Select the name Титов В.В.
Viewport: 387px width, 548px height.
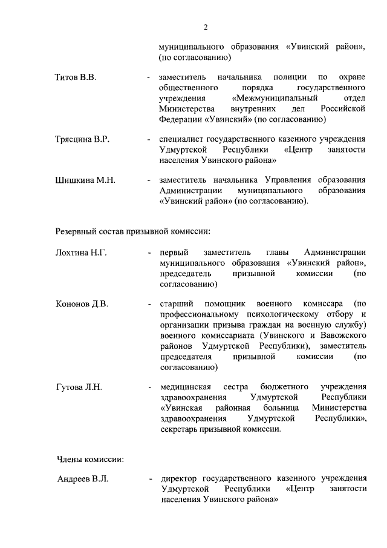(76, 78)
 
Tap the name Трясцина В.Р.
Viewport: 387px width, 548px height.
(82, 140)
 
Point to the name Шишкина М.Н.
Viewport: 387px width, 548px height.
(85, 180)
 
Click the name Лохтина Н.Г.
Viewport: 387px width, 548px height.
(81, 253)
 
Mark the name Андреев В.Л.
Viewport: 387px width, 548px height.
(82, 479)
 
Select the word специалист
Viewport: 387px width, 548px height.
(180, 140)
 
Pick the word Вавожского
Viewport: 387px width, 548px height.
(343, 335)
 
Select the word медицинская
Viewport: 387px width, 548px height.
(185, 386)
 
